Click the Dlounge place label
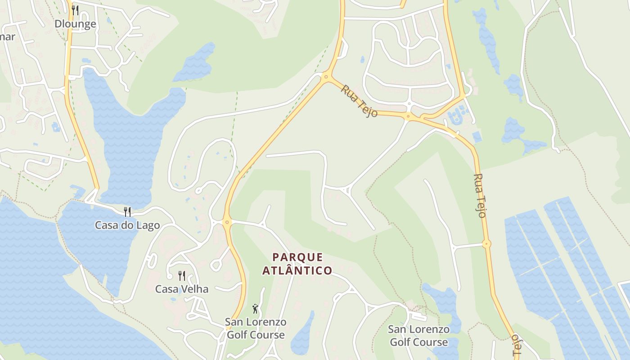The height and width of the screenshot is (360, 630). [x=75, y=24]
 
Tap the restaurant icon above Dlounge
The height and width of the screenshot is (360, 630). [x=75, y=10]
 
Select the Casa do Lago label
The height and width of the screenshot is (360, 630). [x=127, y=225]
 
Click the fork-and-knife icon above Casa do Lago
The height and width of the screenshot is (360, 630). [x=127, y=211]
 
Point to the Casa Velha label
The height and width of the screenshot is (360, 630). [x=182, y=289]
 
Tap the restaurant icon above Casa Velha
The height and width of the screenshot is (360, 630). [x=182, y=275]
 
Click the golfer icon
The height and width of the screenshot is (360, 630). [x=256, y=309]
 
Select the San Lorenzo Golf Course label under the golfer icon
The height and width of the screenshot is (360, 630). [x=256, y=328]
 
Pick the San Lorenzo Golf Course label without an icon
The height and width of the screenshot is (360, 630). [x=418, y=336]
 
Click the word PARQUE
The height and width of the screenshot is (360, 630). [x=298, y=257]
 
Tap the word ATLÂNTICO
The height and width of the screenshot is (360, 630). [x=297, y=270]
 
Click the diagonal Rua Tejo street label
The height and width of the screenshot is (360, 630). [x=359, y=101]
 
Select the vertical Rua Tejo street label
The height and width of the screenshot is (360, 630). [x=480, y=196]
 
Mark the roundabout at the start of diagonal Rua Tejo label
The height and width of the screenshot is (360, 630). [x=326, y=77]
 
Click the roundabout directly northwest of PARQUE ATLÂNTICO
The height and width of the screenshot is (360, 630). [x=227, y=221]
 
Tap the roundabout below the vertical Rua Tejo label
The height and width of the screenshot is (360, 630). [x=486, y=244]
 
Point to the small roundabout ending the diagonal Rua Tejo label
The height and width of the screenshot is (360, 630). [x=408, y=117]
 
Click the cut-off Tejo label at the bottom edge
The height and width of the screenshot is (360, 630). [x=516, y=346]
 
